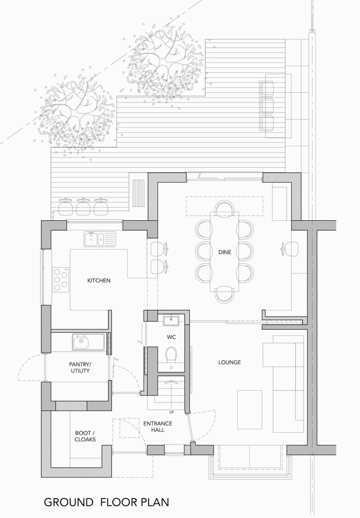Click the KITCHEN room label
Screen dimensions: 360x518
tap(99, 281)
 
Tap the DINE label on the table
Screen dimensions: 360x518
tap(225, 252)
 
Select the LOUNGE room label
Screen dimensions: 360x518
tap(229, 362)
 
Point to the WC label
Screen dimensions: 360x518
tap(171, 337)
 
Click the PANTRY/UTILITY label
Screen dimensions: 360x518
tap(80, 368)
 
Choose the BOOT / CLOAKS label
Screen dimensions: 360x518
tap(85, 436)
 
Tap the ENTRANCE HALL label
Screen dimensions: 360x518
tap(157, 426)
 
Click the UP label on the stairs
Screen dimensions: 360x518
tap(171, 412)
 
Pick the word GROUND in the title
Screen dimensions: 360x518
tap(69, 502)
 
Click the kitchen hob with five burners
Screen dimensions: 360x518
tap(61, 280)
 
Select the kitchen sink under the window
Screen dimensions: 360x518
tap(100, 239)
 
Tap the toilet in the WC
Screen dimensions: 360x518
tap(171, 354)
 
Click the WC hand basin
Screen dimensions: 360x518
tap(171, 321)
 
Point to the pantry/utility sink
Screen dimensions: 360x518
tap(88, 342)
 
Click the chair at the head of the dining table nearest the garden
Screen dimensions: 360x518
tap(225, 209)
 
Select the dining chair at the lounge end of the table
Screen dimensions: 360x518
tap(225, 295)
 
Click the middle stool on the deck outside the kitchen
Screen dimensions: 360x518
tap(83, 207)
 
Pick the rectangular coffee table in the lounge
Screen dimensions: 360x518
tap(250, 410)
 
